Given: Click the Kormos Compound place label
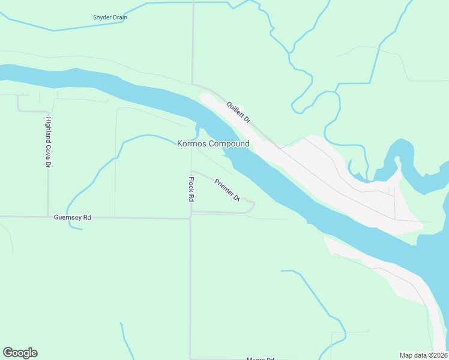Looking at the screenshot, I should pyautogui.click(x=213, y=144).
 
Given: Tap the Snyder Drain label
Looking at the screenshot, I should pyautogui.click(x=110, y=17).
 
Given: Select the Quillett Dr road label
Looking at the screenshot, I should pyautogui.click(x=238, y=112).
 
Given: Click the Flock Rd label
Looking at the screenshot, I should pyautogui.click(x=191, y=189).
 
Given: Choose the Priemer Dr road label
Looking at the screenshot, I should pyautogui.click(x=227, y=189).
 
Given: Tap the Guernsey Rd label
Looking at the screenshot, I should pyautogui.click(x=72, y=217).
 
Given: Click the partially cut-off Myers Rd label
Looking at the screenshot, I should pyautogui.click(x=260, y=358).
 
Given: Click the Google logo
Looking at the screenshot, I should pyautogui.click(x=20, y=353).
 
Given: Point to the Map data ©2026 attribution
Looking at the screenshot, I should pyautogui.click(x=423, y=355).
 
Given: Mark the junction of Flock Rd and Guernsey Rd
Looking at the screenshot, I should pyautogui.click(x=190, y=218).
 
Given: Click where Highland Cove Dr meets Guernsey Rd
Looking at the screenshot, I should pyautogui.click(x=48, y=217).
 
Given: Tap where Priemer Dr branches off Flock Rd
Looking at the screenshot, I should pyautogui.click(x=191, y=171).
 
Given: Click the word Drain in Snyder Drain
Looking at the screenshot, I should pyautogui.click(x=119, y=17).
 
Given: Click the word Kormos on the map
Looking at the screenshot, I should pyautogui.click(x=192, y=144).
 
